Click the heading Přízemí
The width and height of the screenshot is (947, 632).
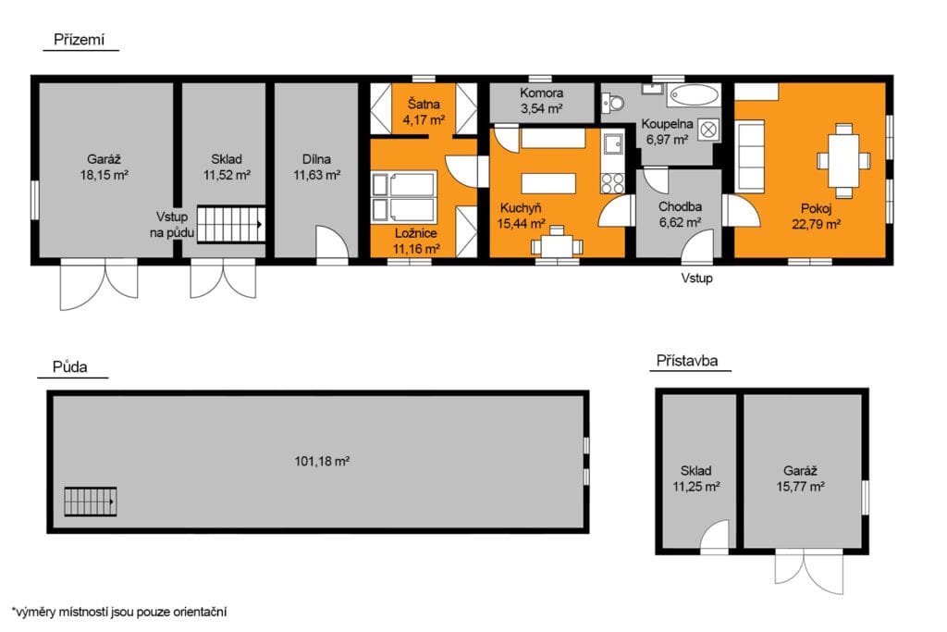tap(80, 40)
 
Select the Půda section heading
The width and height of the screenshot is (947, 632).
tap(69, 366)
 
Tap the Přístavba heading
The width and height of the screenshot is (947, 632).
tap(687, 361)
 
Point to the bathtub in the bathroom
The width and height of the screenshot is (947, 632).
tap(695, 95)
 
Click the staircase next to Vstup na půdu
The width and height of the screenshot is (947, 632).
tap(231, 224)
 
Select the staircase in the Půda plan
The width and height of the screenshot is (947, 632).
tap(90, 502)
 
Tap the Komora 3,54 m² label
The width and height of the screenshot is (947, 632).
tap(541, 101)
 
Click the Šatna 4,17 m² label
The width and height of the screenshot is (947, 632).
tap(424, 112)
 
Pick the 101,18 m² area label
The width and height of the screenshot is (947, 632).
tap(322, 462)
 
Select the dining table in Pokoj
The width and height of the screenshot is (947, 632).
tap(843, 161)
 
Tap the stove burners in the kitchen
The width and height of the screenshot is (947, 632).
tap(612, 183)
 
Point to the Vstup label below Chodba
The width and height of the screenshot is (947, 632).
tap(697, 278)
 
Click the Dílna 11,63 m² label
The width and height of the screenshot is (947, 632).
tap(316, 167)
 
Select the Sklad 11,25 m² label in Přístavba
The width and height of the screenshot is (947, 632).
tap(695, 478)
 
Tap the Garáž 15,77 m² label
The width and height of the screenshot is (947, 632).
tap(800, 478)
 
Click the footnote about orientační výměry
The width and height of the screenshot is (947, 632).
tap(119, 612)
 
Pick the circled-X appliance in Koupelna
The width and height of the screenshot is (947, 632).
tap(708, 130)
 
